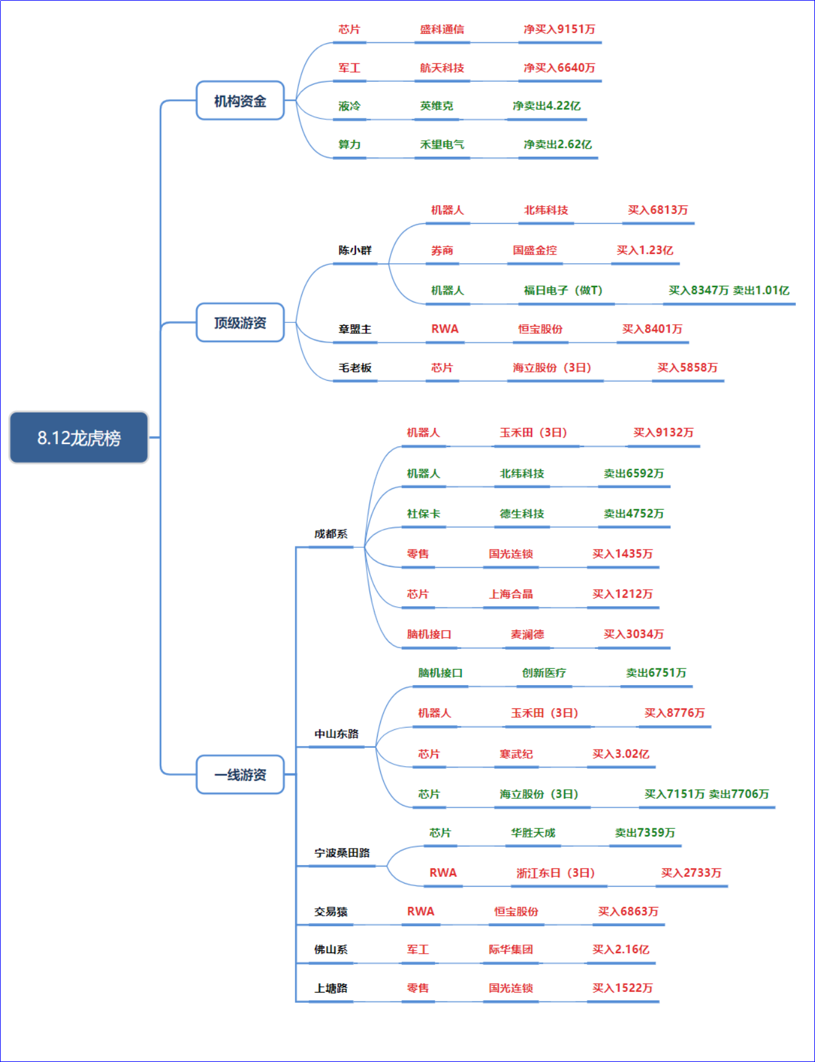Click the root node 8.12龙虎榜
tap(79, 437)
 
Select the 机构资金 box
tap(240, 100)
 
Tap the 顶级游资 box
tap(240, 322)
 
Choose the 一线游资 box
tap(240, 774)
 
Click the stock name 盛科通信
tap(442, 30)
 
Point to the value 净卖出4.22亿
tap(546, 106)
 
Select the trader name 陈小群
tap(355, 250)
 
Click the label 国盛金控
tap(535, 250)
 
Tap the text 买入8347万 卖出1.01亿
tap(729, 290)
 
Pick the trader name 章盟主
tap(355, 329)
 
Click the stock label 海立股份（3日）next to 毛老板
tap(552, 368)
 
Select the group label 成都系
tap(331, 534)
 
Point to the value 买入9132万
tap(663, 433)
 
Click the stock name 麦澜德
tap(527, 634)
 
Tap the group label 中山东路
tap(336, 734)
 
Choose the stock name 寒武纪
tap(516, 754)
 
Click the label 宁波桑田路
tap(342, 853)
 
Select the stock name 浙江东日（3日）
tap(555, 873)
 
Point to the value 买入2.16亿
tap(621, 949)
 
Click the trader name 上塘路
tap(331, 988)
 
